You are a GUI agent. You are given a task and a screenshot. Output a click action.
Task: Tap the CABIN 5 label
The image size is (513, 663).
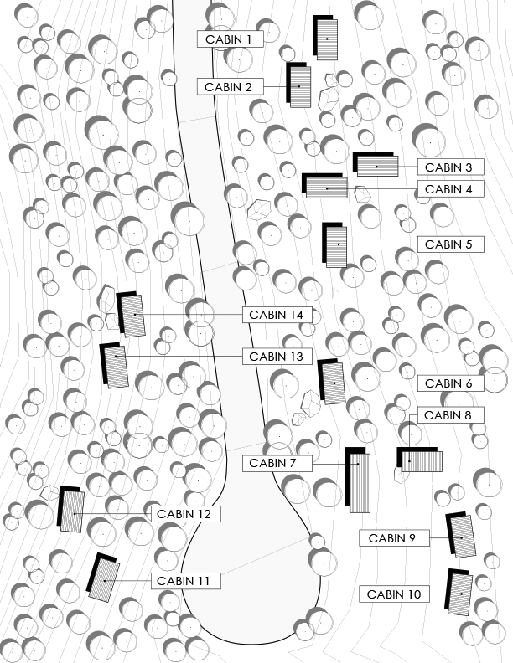pos(450,244)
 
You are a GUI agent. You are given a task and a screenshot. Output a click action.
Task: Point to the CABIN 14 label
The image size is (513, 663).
pos(277,315)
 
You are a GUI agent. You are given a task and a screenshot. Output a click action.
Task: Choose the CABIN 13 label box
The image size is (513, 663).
pos(277,356)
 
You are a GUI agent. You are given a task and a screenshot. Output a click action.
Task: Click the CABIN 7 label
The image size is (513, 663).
pos(277,463)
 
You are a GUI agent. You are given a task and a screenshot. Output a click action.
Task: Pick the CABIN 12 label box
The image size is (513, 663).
pos(186,513)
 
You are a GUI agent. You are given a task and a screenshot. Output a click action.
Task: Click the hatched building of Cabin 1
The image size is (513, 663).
pos(327,39)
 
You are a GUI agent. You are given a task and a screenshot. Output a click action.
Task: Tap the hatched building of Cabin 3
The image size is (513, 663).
pos(376,165)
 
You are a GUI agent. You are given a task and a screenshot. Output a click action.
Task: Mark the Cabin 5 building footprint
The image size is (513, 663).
pos(336,247)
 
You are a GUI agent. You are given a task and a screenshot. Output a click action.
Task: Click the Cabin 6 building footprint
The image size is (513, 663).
pos(334,383)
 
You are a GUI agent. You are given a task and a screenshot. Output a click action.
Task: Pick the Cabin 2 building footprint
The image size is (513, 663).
pos(300,86)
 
